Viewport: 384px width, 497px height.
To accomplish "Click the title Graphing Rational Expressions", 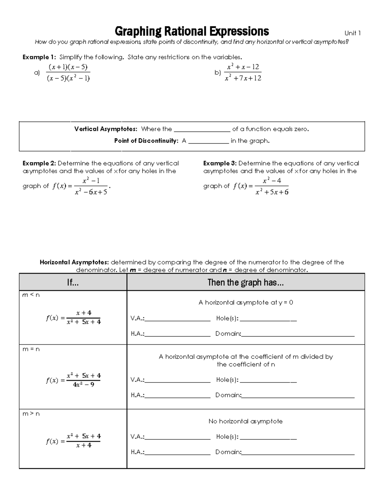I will point(192,31).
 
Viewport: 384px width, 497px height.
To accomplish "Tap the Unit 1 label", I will point(352,33).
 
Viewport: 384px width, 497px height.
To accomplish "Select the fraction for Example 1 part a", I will point(68,73).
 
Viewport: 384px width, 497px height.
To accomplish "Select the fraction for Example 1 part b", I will point(243,73).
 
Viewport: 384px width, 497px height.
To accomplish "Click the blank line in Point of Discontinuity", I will point(209,141).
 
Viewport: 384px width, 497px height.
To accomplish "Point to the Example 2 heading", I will point(39,163).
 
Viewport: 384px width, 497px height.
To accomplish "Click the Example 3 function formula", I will point(261,186).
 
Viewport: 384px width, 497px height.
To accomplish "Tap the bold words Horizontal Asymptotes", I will point(74,262).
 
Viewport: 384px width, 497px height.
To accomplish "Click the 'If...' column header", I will point(73,282).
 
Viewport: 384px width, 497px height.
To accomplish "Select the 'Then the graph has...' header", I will point(245,282).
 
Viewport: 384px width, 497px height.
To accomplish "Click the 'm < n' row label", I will point(31,295).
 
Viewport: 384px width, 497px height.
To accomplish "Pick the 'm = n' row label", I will point(31,349).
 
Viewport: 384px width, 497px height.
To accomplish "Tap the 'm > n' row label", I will point(31,414).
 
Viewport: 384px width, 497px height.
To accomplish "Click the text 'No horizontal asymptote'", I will point(245,421).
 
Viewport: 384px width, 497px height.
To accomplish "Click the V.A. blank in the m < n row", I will point(178,319).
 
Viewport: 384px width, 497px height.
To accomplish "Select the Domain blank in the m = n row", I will point(298,396).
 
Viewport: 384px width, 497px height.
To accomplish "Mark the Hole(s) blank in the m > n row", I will point(268,437).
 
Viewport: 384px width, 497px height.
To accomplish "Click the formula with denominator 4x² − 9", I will point(74,380).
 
